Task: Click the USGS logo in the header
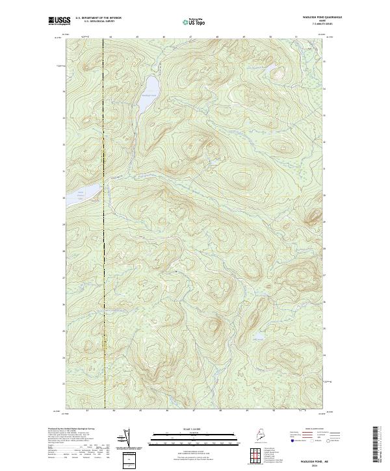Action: (60, 21)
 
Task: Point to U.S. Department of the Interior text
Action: (98, 18)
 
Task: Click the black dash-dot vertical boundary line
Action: (103, 227)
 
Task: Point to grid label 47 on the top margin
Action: (190, 37)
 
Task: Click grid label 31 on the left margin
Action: (64, 171)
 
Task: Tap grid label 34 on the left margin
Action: (64, 92)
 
